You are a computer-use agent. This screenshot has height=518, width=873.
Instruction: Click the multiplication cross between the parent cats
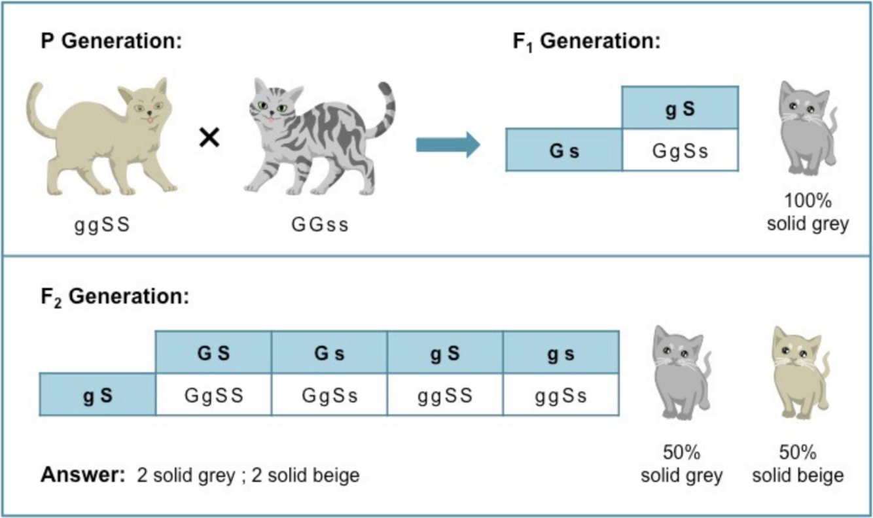click(209, 139)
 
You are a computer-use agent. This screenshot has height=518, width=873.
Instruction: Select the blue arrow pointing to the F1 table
click(448, 145)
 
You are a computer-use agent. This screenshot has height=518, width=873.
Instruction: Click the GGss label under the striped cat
click(320, 225)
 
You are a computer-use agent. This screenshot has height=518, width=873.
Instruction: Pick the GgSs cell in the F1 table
click(680, 150)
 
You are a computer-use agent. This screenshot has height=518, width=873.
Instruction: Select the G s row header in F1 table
click(564, 150)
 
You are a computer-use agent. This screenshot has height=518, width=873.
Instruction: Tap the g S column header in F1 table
click(680, 108)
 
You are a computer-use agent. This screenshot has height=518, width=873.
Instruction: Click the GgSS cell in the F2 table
click(214, 395)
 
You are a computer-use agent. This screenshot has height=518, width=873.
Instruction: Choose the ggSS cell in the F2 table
click(445, 395)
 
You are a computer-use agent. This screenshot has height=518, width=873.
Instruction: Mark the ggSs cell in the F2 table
click(561, 395)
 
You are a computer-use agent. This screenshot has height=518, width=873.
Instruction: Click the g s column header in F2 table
click(561, 353)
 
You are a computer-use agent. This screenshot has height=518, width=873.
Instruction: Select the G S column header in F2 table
click(214, 353)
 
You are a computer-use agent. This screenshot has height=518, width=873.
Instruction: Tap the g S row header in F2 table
click(98, 395)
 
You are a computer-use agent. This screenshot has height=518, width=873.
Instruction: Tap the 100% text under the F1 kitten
click(807, 202)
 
